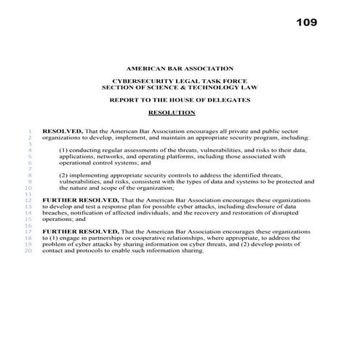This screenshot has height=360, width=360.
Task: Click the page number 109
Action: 307,23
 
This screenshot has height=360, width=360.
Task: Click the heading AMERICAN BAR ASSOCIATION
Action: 180,67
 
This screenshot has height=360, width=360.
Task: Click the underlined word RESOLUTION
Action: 172,113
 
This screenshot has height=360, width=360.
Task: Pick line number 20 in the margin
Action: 28,250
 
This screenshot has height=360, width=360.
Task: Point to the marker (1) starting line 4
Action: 64,149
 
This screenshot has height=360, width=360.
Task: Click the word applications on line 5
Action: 76,156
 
